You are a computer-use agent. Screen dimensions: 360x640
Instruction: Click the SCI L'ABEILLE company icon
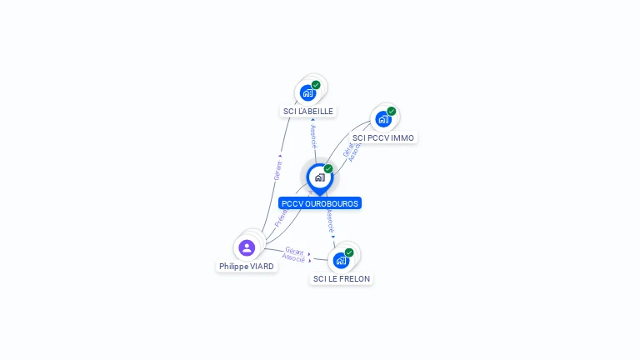pyautogui.click(x=307, y=92)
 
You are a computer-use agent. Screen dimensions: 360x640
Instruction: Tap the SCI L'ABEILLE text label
pyautogui.click(x=308, y=111)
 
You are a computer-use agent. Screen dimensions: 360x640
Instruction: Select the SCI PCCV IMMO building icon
pyautogui.click(x=382, y=119)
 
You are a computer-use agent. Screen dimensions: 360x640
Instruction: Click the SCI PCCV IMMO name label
pyautogui.click(x=382, y=137)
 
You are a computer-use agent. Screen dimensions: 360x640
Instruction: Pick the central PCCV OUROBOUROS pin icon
pyautogui.click(x=319, y=177)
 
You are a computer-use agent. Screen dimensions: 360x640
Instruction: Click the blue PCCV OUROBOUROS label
pyautogui.click(x=320, y=203)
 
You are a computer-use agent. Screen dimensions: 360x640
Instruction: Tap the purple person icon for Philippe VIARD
pyautogui.click(x=247, y=247)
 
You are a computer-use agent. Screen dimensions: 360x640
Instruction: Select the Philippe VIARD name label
pyautogui.click(x=247, y=266)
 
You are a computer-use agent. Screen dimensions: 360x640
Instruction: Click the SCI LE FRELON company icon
pyautogui.click(x=341, y=260)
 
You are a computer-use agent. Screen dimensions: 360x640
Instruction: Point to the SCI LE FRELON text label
pyautogui.click(x=341, y=278)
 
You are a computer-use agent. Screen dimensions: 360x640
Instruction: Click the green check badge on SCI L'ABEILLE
pyautogui.click(x=316, y=84)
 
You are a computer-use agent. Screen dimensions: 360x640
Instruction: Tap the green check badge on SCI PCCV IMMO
pyautogui.click(x=391, y=111)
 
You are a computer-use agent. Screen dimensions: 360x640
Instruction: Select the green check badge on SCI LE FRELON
pyautogui.click(x=349, y=252)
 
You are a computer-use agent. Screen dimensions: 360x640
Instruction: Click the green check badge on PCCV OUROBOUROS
pyautogui.click(x=328, y=168)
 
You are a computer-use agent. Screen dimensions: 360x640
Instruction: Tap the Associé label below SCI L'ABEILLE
pyautogui.click(x=313, y=137)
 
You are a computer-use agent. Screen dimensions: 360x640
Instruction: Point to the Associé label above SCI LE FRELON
pyautogui.click(x=330, y=221)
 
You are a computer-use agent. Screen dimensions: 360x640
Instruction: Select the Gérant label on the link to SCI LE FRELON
pyautogui.click(x=294, y=249)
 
